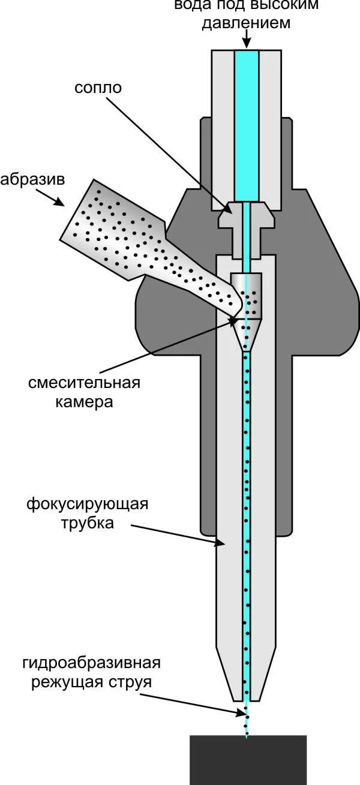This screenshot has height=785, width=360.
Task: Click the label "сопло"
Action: coord(98,88)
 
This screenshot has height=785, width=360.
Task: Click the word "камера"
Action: coord(85,402)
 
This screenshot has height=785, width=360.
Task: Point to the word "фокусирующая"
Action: coord(87,504)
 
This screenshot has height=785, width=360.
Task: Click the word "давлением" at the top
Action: coord(246,24)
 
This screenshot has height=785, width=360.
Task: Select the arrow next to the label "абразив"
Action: coord(51,197)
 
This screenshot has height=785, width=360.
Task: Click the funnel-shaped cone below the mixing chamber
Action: coord(246,336)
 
